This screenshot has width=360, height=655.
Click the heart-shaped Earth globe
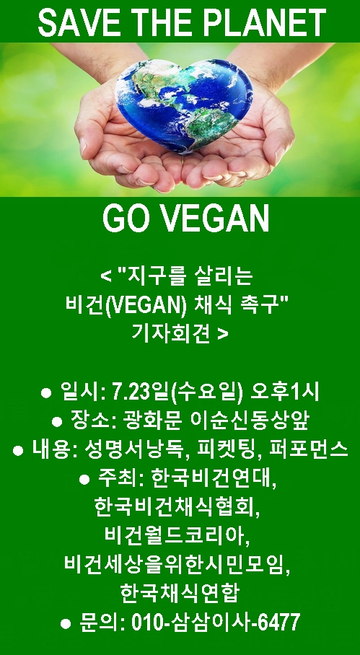[x=184, y=105]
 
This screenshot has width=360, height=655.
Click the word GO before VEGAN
[x=126, y=219]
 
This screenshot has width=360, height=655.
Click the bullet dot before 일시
[x=46, y=393]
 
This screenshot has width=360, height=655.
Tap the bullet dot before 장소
[x=57, y=421]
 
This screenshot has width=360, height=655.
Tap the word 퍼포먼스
[x=309, y=449]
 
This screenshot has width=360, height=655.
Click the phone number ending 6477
[x=216, y=623]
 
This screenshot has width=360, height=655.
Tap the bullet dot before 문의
[x=66, y=624]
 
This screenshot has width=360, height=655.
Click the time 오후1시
[x=285, y=392]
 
